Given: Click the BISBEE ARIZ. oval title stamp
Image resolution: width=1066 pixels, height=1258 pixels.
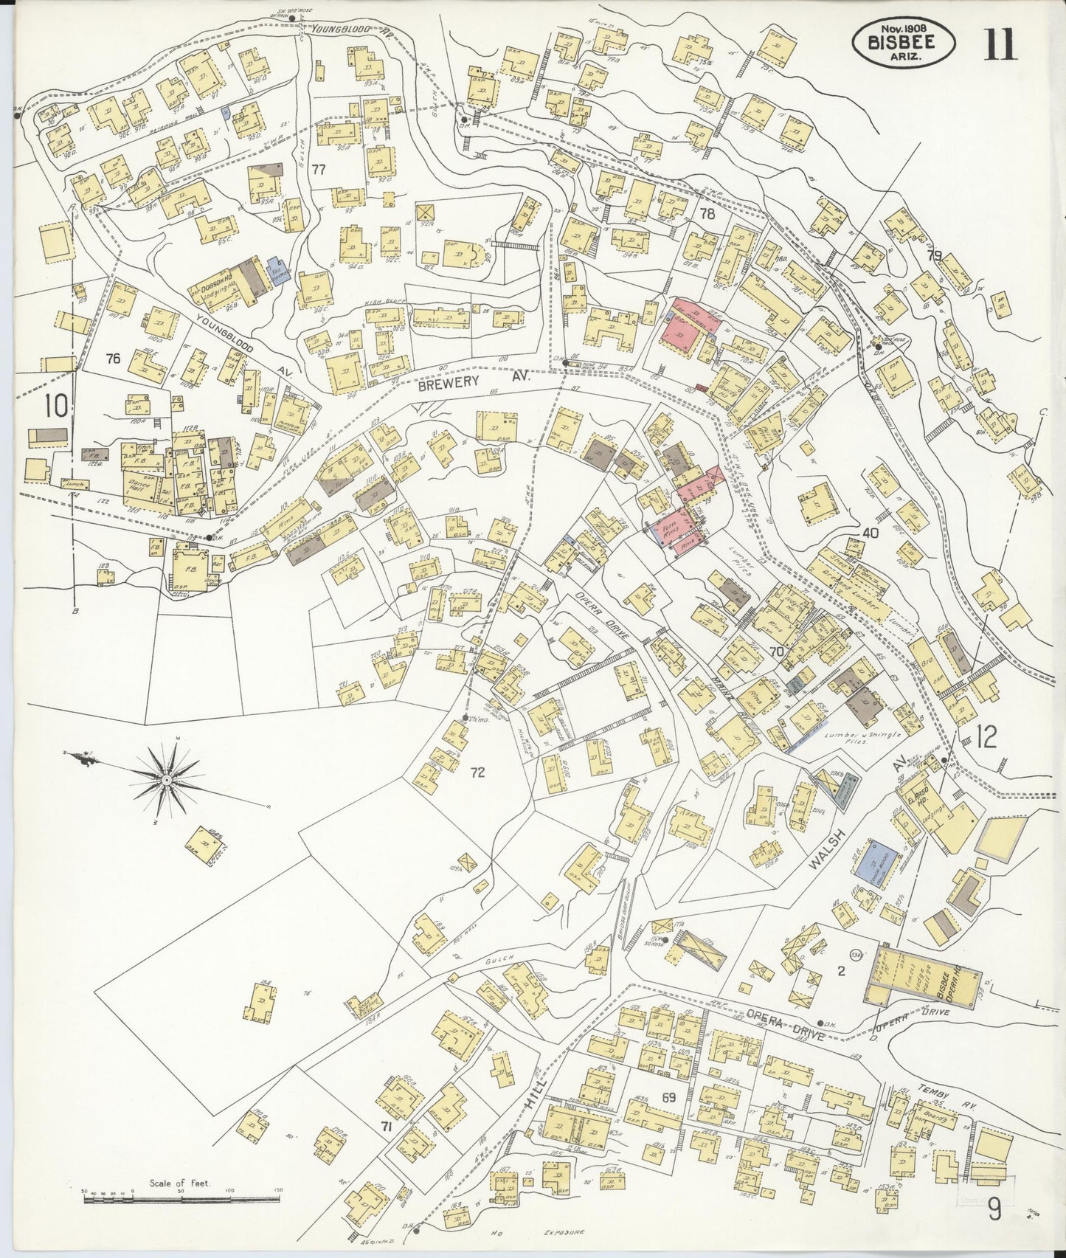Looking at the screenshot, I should [904, 42].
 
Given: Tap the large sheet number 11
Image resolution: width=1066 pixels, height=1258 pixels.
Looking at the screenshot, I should [1000, 43].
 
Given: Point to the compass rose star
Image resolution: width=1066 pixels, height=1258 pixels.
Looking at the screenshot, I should [167, 779].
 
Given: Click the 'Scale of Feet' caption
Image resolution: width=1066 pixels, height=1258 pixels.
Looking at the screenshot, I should [179, 1183].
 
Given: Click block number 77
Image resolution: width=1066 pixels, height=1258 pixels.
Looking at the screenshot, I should [318, 170].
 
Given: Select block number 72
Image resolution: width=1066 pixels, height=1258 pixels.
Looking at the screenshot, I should [478, 773].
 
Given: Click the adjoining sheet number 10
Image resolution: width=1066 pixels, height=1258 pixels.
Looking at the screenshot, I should [56, 405].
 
